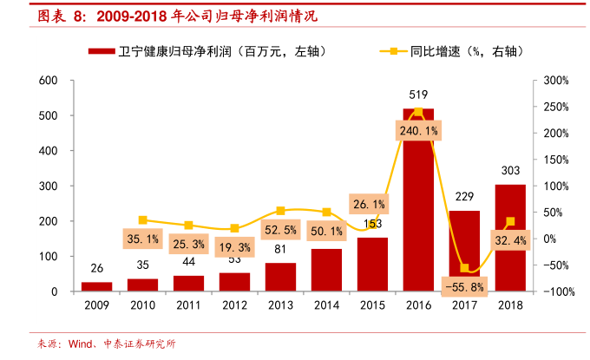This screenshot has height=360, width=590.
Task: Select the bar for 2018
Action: tap(510, 238)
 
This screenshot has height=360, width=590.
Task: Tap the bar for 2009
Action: tap(96, 286)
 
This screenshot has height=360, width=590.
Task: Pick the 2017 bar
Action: tap(464, 243)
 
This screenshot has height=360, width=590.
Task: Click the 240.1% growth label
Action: tap(418, 130)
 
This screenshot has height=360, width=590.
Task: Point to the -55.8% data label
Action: tap(464, 285)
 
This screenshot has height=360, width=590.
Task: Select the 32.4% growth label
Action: tap(510, 239)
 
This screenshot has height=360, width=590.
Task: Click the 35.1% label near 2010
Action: tap(142, 238)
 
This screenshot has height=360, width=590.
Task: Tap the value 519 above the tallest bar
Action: tap(418, 95)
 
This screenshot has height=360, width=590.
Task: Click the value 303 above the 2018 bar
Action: tap(510, 171)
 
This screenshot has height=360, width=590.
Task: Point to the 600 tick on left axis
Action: tap(49, 81)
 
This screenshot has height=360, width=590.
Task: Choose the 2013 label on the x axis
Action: tap(280, 306)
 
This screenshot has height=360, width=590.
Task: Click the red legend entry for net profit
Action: tap(208, 51)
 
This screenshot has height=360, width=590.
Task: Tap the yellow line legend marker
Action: tap(393, 51)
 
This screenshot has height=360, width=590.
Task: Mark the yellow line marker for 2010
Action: tap(142, 220)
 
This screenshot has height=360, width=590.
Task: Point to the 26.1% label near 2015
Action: tap(370, 204)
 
